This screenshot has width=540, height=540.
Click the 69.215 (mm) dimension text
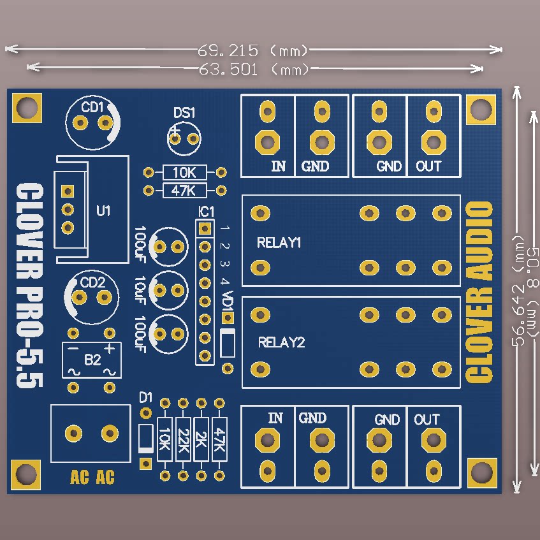click(253, 50)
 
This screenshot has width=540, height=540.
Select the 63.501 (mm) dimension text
click(253, 68)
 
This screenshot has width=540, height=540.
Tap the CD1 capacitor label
click(92, 107)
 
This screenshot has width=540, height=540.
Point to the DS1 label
click(184, 113)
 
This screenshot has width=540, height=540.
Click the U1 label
click(103, 210)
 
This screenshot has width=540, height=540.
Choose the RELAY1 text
click(279, 243)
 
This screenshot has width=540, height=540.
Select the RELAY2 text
click(281, 342)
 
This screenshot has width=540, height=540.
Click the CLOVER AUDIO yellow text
click(480, 292)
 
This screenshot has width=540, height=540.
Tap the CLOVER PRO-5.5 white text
click(29, 286)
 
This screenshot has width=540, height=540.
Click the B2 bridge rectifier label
click(92, 360)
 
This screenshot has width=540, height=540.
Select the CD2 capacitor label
click(92, 282)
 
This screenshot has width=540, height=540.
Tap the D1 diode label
click(146, 398)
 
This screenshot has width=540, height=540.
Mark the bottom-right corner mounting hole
click(481, 473)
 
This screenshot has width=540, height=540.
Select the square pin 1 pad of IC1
click(205, 228)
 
